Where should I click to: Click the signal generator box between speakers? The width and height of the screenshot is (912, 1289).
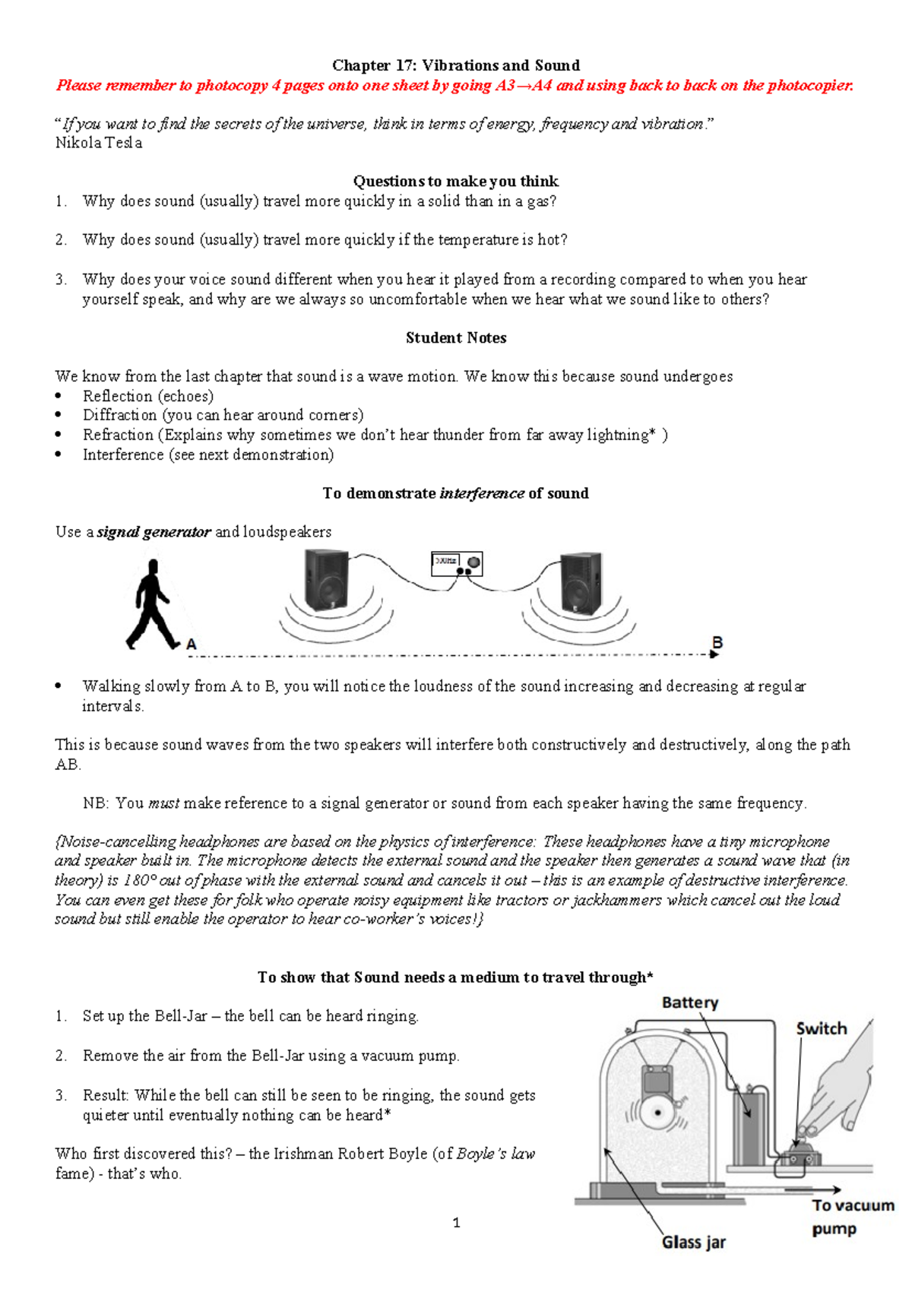[x=457, y=564]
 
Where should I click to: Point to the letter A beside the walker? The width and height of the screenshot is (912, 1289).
[x=192, y=644]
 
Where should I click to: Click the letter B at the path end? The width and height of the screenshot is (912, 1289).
[x=717, y=643]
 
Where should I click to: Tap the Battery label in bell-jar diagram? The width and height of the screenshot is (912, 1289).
[x=689, y=1002]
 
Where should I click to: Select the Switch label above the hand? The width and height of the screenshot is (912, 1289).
[x=821, y=1028]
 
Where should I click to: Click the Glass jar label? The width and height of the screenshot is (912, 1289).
[x=693, y=1242]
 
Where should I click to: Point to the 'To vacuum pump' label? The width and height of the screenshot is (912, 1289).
[x=852, y=1216]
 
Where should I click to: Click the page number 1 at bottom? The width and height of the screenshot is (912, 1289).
[x=456, y=1223]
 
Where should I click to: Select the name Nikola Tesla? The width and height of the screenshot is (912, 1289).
[x=99, y=143]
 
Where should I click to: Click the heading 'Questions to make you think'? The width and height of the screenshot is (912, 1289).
[x=455, y=181]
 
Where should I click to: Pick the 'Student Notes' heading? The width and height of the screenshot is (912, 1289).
[x=455, y=337]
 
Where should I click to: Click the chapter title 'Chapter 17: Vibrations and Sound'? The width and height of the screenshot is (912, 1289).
[x=455, y=65]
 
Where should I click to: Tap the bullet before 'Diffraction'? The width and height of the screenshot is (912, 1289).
[x=59, y=416]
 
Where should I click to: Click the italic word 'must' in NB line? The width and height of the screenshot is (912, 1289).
[x=163, y=803]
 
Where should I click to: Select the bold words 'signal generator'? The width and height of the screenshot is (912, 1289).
[x=154, y=532]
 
